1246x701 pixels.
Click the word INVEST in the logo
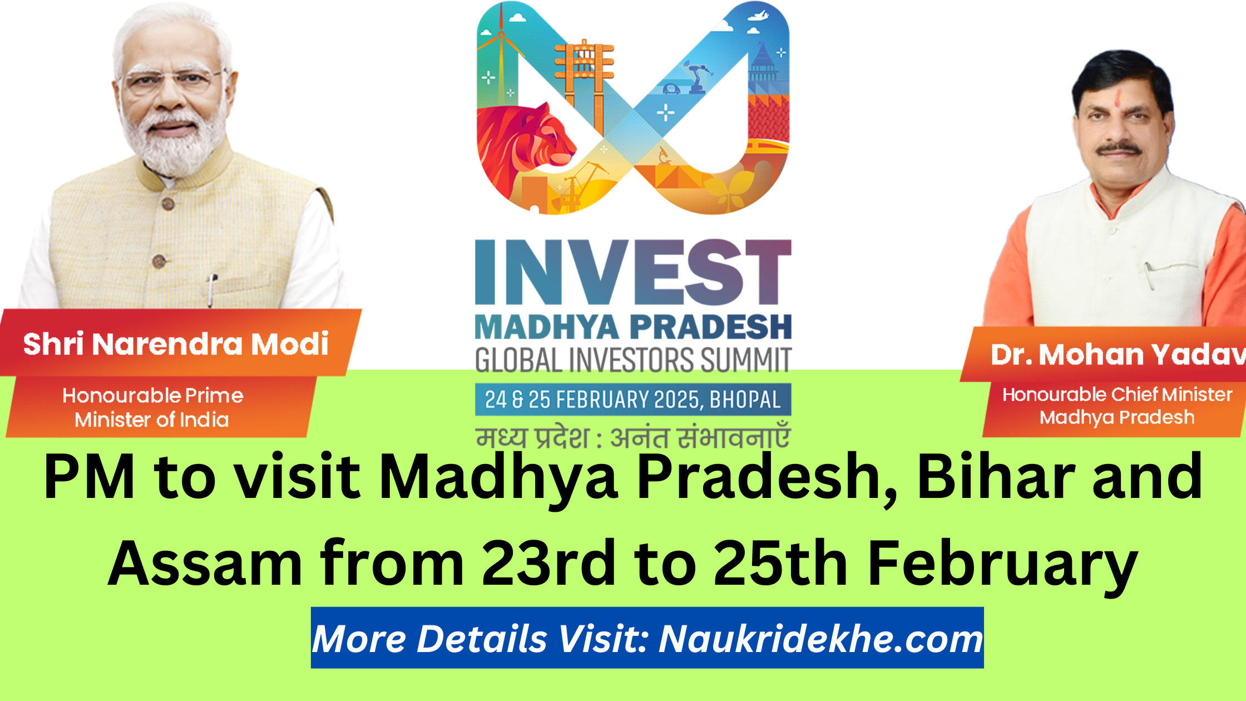[x=633, y=273]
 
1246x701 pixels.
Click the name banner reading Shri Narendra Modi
[x=176, y=344]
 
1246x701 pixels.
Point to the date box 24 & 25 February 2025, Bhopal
[x=633, y=399]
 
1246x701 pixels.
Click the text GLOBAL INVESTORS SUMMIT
[x=633, y=361]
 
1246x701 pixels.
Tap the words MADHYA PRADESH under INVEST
[x=633, y=327]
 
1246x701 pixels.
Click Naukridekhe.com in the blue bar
[x=820, y=639]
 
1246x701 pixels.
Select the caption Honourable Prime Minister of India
[x=152, y=407]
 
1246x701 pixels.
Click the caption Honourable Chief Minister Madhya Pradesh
[x=1117, y=406]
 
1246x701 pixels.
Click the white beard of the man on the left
[x=172, y=150]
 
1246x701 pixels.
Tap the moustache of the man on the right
[x=1119, y=149]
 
